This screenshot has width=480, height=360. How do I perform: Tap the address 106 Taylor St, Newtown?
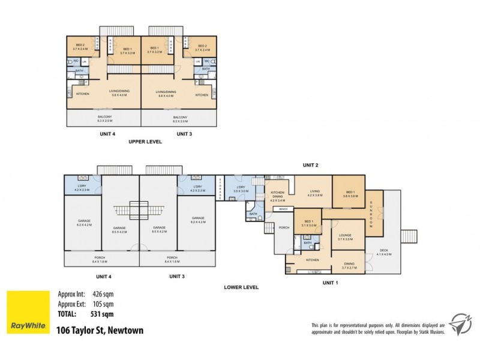tap(100, 330)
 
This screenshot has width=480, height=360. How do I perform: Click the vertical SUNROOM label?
tap(371, 214)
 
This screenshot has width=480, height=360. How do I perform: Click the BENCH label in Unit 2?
tap(283, 209)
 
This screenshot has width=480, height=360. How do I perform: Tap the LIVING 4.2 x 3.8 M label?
tap(316, 193)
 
